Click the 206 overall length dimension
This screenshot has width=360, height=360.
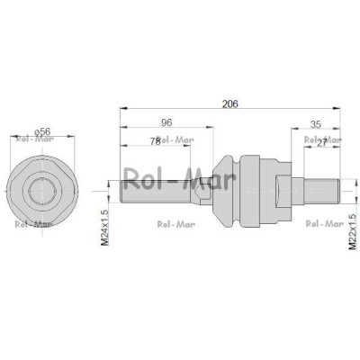coord(230,103)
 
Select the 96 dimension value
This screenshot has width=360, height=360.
coord(166,122)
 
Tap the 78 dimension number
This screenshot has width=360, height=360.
coord(156,141)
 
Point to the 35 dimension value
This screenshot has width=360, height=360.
coord(316,124)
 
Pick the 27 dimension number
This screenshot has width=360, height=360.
coord(321,143)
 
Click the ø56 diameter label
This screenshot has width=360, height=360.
coord(42,131)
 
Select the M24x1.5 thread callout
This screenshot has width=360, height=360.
coord(104,228)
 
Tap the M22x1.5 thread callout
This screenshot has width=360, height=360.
coord(352,231)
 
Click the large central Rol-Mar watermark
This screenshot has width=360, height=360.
coord(180,180)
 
